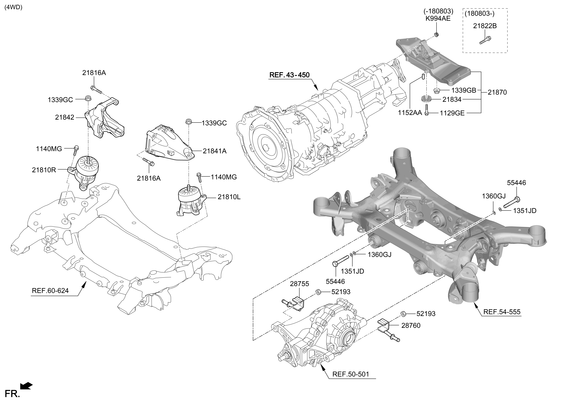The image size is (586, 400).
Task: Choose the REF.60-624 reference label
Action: point(50,291)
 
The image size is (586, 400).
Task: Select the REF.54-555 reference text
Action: point(502,312)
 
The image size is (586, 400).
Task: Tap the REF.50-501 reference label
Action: point(351,381)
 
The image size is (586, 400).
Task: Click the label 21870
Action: point(497,92)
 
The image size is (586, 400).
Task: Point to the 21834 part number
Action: point(452,99)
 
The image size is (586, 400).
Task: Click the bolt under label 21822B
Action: point(485,40)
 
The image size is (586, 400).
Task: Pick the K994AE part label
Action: point(438,19)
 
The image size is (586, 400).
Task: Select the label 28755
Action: point(299,284)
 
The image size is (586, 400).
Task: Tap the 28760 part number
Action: point(411,326)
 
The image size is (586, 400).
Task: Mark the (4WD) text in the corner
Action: point(13,7)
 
